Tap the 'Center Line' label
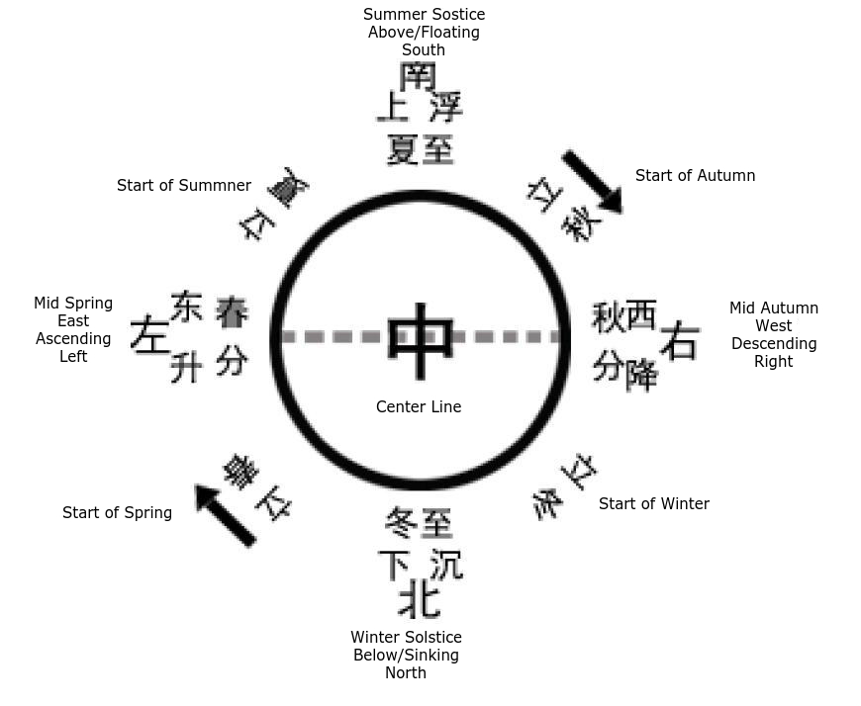419,406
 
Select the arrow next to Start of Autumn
592,181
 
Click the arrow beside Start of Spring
226,515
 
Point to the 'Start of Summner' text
184,186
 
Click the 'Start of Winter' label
653,504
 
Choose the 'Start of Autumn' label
695,176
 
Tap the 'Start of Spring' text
117,513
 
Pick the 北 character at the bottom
419,598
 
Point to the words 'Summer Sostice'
424,15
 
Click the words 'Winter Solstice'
406,638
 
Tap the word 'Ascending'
73,339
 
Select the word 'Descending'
774,344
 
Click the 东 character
186,307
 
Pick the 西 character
640,314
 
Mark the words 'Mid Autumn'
774,309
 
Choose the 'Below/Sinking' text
406,656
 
